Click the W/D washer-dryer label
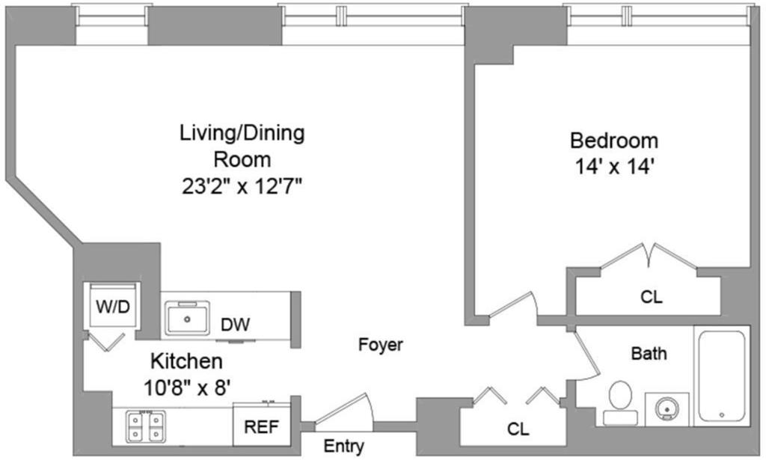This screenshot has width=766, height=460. coord(113,307)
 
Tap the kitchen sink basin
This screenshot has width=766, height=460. coord(187,319)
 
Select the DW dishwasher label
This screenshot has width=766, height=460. coord(235,325)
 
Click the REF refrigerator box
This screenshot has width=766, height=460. coord(262,424)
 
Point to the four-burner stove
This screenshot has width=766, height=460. coord(146,426)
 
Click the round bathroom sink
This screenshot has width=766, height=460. coord(667,408)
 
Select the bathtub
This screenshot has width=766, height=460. coord(722,375)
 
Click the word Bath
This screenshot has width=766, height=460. coord(649,353)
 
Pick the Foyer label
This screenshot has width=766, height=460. coord(381,345)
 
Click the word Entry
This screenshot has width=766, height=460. coord(344,447)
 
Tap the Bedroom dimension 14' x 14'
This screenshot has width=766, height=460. coord(614,167)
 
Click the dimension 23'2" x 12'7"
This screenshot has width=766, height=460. coord(242,186)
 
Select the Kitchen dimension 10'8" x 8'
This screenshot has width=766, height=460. coord(187,388)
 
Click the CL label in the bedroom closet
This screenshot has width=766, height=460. coord(652,296)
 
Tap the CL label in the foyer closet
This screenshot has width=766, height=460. coord(518,429)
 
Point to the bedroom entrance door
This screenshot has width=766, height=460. coord(512,304)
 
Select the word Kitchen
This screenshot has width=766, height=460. coord(186,361)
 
